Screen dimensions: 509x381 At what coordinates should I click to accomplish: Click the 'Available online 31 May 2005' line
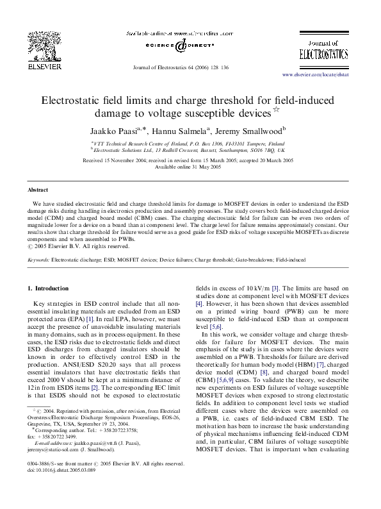pos(190,167)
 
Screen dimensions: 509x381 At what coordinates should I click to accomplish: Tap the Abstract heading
pos(38,190)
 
